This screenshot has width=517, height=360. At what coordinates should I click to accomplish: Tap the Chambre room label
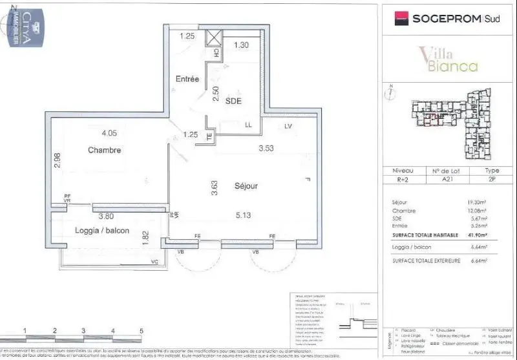pos(105,150)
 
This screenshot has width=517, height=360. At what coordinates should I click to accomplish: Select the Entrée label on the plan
pos(187,79)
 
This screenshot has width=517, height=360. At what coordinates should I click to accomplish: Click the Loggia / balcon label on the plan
pos(102,230)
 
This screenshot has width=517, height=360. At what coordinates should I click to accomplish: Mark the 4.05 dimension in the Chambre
pos(109,133)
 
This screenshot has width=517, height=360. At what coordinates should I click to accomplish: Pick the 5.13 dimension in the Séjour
pos(244,216)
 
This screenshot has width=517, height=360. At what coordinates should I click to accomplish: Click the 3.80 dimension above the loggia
pos(105,217)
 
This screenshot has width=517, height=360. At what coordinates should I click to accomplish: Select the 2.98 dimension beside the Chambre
pos(57,160)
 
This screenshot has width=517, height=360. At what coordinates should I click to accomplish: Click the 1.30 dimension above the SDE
pos(241,45)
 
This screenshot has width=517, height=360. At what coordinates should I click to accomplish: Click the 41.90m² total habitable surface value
pos(477,235)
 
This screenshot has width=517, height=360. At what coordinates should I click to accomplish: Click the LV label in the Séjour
pos(288,126)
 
